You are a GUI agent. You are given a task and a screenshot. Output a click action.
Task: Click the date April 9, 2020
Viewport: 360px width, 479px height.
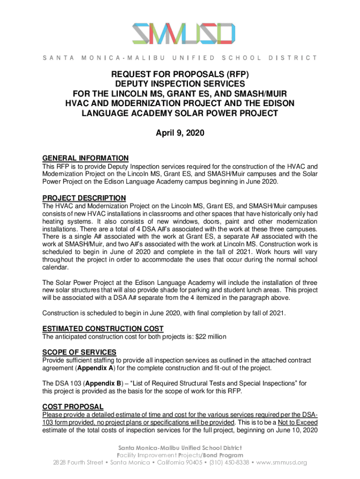point(180,133)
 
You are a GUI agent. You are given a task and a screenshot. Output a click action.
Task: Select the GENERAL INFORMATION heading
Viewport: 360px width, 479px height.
point(85,158)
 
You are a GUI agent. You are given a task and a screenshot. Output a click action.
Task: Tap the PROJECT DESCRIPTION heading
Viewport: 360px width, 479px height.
point(84,198)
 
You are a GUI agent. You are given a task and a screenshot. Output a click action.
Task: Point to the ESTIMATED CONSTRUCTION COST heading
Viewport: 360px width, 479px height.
point(102,328)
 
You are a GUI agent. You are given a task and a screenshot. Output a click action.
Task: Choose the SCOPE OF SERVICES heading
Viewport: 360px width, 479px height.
point(79,352)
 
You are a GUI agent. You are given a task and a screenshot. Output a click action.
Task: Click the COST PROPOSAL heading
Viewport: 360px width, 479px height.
point(72,406)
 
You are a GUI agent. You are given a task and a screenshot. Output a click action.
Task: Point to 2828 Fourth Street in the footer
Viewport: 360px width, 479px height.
point(79,463)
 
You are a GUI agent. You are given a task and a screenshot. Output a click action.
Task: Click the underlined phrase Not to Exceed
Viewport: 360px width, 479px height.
point(296,422)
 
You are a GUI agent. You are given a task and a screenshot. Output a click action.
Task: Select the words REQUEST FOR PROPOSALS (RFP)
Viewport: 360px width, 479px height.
point(180,74)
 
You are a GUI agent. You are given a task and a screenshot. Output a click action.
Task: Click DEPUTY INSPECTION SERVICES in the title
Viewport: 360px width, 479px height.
point(180,84)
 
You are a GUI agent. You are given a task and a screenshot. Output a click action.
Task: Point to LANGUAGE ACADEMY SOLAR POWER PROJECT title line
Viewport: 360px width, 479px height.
point(180,113)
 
